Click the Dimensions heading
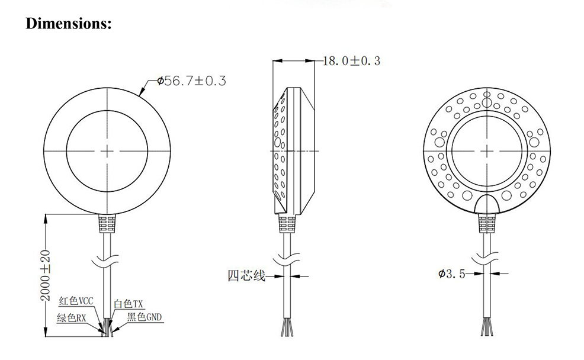[69, 24]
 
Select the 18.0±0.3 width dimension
[352, 60]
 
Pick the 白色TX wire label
[129, 303]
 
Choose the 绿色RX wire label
[72, 318]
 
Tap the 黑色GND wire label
[145, 317]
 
